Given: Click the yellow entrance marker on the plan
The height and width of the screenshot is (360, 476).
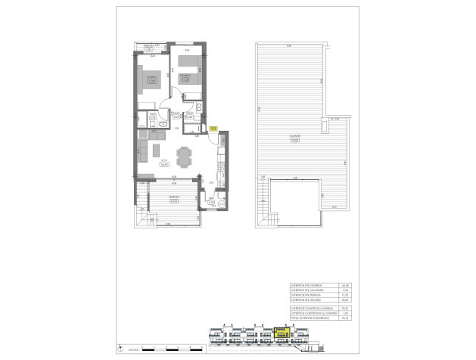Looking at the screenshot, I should coord(213,129).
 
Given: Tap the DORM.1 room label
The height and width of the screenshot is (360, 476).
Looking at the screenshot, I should coord(151,76).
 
